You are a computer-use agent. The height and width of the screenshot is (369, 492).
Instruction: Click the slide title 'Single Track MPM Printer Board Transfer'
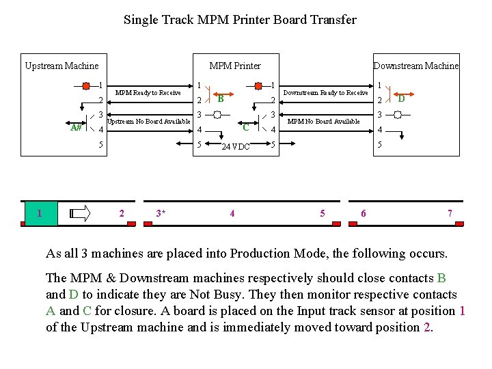click(x=240, y=20)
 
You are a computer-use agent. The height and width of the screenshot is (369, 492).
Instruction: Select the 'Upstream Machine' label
click(x=61, y=66)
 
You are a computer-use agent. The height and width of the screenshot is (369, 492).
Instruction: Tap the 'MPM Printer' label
click(x=235, y=66)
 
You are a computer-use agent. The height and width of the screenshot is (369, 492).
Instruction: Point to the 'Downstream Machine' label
click(x=415, y=66)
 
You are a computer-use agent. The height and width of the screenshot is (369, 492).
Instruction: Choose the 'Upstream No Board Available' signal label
click(x=149, y=122)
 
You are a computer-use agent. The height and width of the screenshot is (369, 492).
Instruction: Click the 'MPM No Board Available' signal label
click(x=323, y=122)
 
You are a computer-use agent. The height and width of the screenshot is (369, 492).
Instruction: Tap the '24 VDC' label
click(x=236, y=146)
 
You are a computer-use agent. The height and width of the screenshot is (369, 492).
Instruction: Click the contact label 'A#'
click(x=76, y=128)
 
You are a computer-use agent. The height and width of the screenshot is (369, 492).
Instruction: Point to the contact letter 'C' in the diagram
click(x=245, y=127)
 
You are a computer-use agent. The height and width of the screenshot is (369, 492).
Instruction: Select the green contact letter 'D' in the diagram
click(x=402, y=99)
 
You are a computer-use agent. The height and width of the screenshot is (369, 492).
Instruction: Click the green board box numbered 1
click(x=40, y=213)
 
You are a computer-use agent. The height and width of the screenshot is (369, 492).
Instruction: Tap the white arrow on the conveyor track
click(x=80, y=213)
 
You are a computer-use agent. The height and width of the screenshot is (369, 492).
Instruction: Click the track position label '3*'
click(x=161, y=213)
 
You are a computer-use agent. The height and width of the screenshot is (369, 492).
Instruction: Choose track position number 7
click(x=450, y=213)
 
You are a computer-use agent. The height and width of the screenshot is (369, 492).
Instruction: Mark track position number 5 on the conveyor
click(x=323, y=213)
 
